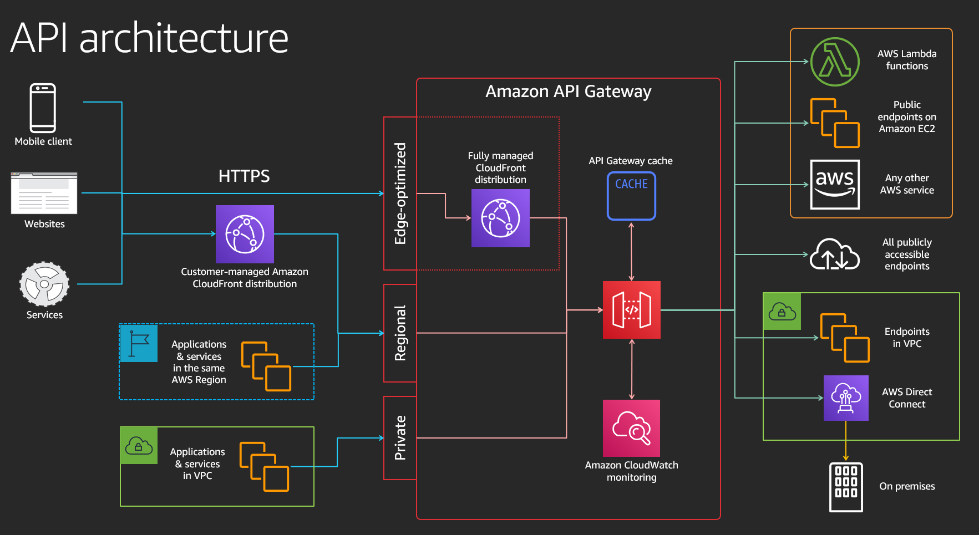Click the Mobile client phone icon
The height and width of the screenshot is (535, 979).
point(43,108)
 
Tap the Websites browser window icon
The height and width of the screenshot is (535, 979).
point(44,193)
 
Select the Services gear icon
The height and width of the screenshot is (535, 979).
point(44,284)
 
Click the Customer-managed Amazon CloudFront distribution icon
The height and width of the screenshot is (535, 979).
point(245,234)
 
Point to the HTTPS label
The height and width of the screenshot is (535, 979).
point(244,176)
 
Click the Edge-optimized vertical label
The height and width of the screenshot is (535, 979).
point(400,193)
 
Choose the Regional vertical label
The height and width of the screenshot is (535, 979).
point(400,333)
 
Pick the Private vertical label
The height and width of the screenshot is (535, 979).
point(400,438)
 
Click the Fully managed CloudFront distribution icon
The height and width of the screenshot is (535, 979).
point(500,218)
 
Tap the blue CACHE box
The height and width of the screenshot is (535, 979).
point(631,196)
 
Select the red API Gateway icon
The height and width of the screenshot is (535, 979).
point(632,310)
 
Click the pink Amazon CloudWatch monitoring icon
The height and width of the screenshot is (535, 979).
point(631,428)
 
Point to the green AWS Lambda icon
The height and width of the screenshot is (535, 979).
point(835,62)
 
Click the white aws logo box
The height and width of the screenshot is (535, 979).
point(835,185)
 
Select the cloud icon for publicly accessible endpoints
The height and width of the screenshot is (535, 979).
point(835,254)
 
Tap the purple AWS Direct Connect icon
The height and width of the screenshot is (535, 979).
point(846,398)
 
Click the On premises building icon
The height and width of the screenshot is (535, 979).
point(846,487)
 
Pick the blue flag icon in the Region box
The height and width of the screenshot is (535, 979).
point(139,343)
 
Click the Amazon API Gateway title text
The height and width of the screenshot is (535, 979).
point(569,91)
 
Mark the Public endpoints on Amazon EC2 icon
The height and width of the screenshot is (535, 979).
point(835,123)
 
